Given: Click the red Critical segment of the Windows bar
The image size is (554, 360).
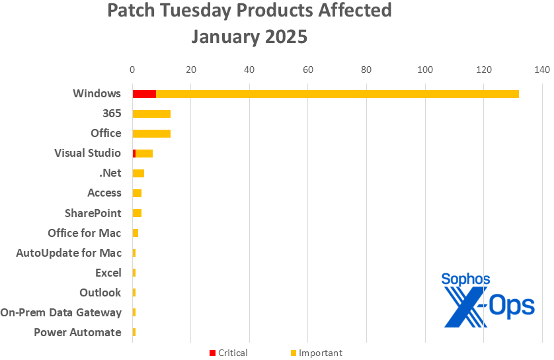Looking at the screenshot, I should point(144,93).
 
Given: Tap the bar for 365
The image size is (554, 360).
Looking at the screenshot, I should point(151,113).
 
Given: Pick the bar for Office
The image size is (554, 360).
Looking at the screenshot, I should point(151,133).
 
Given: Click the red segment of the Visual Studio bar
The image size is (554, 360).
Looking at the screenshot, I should point(134,153).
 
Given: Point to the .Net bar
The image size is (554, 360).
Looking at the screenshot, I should point(138,173).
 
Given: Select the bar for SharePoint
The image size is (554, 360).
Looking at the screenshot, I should point(137,212).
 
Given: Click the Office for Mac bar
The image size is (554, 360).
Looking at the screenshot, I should point(136,232).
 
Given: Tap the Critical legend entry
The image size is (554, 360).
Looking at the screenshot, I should point(228,353).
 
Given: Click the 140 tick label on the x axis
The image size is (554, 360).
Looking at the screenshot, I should point(542,69).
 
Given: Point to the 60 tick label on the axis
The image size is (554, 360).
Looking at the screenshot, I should point(307,69).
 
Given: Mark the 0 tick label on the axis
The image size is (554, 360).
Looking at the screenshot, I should point(132,69).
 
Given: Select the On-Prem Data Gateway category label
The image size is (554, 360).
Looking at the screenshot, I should point(61,312).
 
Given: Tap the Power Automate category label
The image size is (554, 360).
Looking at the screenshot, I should point(77,332).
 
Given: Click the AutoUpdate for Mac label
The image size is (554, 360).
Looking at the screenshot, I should point(69,253).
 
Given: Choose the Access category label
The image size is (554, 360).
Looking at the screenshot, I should point(104,193).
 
